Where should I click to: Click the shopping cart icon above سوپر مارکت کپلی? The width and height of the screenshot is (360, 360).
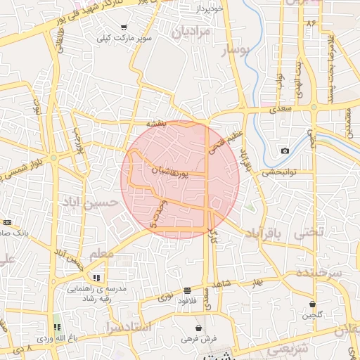(x=124, y=27)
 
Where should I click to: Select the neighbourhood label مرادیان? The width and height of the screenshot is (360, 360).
(x=191, y=32)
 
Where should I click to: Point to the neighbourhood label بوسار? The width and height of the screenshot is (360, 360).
(x=236, y=51)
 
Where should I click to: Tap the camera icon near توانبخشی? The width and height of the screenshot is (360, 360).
(x=285, y=151)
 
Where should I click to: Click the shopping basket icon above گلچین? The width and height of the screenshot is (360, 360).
(x=312, y=304)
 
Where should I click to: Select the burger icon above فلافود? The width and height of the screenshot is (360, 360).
(x=187, y=290)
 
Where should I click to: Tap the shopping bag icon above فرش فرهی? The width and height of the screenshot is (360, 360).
(x=199, y=328)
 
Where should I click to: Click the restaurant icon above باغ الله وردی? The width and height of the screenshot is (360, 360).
(x=57, y=327)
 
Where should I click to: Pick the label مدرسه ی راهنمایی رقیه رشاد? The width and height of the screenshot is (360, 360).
(x=96, y=293)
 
